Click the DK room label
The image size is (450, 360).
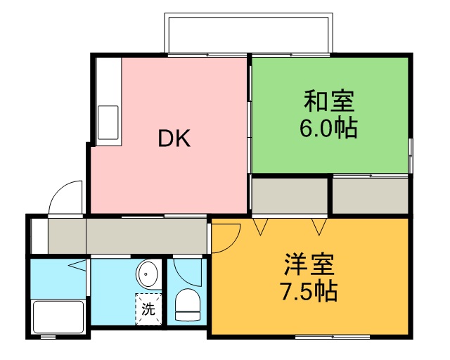[174, 139]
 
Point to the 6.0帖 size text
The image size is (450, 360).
[328, 129]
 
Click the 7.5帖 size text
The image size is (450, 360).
[309, 290]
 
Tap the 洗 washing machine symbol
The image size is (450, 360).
[148, 307]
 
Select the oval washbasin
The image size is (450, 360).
[148, 272]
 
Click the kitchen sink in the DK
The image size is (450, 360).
[109, 122]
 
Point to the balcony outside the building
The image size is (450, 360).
[247, 32]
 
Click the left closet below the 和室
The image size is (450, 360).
[290, 196]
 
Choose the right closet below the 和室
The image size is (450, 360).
[370, 196]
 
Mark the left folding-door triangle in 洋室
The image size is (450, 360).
[262, 226]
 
